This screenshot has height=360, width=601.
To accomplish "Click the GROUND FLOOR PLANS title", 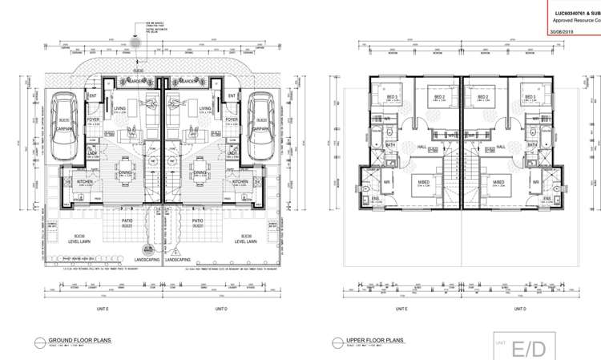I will [80, 340].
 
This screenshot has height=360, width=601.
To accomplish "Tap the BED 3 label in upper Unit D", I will [528, 97].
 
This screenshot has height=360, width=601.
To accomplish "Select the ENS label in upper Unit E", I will [374, 198].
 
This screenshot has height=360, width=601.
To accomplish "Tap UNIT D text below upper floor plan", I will [519, 308].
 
